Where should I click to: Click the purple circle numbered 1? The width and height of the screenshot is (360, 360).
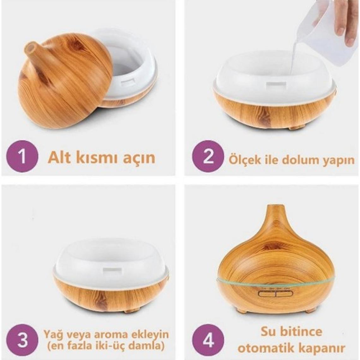click(22, 156)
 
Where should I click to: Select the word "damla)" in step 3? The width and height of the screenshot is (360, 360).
click(150, 347)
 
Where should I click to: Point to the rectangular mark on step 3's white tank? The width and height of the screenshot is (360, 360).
click(114, 270)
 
